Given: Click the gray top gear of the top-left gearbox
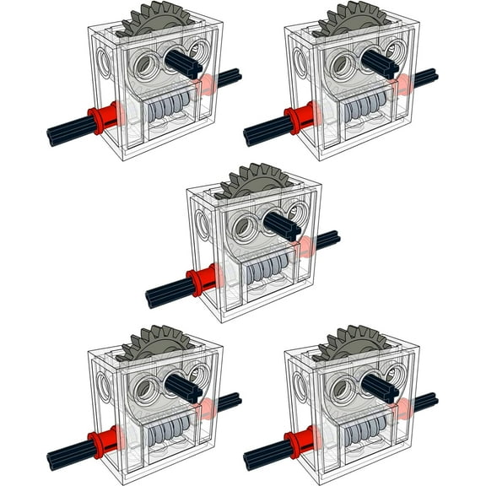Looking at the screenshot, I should (155, 17).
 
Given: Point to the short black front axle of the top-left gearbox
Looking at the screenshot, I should (183, 61).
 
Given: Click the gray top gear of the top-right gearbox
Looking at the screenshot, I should (352, 17).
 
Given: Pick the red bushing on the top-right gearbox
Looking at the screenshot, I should (299, 120).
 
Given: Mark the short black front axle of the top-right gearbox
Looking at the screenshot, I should (380, 61).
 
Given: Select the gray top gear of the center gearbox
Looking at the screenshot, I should (253, 180).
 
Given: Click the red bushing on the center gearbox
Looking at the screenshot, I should (201, 282).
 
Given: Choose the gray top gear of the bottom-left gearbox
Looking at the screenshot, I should (155, 342).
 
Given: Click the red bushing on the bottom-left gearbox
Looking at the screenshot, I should (102, 444).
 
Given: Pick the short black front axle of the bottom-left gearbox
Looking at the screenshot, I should (183, 386).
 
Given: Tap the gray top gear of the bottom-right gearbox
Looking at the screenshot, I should (352, 342).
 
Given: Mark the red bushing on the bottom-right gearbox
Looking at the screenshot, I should (299, 444).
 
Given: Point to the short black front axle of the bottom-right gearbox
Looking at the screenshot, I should (380, 386).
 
